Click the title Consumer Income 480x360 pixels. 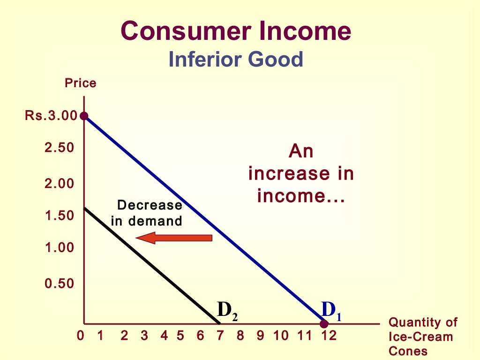pos(235,31)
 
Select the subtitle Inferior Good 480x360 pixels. pos(236,60)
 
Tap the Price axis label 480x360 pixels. pos(80,83)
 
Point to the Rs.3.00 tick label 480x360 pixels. pos(51,116)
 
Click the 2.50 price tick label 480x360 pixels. pos(60,148)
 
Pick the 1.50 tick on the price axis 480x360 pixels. pos(60,216)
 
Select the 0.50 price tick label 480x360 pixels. pos(60,284)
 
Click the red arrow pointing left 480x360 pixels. pos(174,238)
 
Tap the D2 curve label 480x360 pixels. pos(227,310)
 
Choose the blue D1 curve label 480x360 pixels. pos(331,310)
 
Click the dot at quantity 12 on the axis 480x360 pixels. pos(323,324)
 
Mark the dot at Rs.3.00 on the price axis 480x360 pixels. pos(84,116)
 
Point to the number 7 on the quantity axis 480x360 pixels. pos(220,336)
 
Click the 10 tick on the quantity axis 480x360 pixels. pos(281,336)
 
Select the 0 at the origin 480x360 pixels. pos(80,336)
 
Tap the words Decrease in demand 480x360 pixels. pos(147,213)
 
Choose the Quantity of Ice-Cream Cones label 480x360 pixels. pos(422,337)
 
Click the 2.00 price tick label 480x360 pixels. pos(60,184)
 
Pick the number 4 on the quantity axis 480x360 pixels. pos(164,336)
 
